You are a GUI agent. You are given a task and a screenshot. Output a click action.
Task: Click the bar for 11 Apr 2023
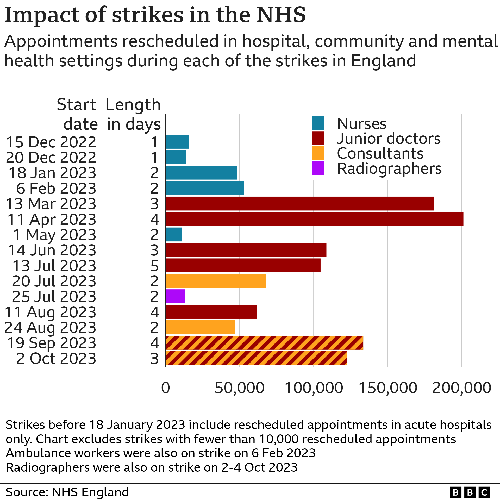click(315, 219)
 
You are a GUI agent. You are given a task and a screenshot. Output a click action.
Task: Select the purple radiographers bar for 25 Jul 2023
click(176, 296)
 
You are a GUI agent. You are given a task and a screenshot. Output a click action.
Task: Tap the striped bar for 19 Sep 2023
click(264, 343)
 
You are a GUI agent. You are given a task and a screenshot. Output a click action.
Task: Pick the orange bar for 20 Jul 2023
click(216, 281)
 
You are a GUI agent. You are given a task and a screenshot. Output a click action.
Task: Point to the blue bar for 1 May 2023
click(174, 234)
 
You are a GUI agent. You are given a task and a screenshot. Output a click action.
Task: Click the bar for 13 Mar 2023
click(299, 203)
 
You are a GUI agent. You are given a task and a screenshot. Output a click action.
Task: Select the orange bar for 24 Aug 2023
click(201, 327)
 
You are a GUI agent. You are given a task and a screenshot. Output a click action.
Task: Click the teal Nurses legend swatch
click(318, 123)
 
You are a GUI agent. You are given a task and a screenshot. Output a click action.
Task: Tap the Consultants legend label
click(380, 153)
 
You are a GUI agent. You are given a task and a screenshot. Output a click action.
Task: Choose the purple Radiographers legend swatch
click(318, 168)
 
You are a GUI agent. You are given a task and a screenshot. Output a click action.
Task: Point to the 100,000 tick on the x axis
click(314, 388)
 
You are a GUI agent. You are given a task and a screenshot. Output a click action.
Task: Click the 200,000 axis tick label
click(461, 388)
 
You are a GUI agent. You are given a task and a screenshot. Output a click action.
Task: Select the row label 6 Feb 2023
click(56, 188)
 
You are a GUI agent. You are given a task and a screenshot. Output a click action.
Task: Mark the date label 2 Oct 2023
click(56, 358)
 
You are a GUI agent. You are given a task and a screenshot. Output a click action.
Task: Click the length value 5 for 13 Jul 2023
click(154, 266)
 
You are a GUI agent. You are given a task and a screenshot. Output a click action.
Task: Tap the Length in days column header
click(133, 115)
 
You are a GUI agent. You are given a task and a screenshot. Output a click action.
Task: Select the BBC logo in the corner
click(470, 492)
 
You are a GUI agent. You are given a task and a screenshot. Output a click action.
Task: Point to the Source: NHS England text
click(67, 492)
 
